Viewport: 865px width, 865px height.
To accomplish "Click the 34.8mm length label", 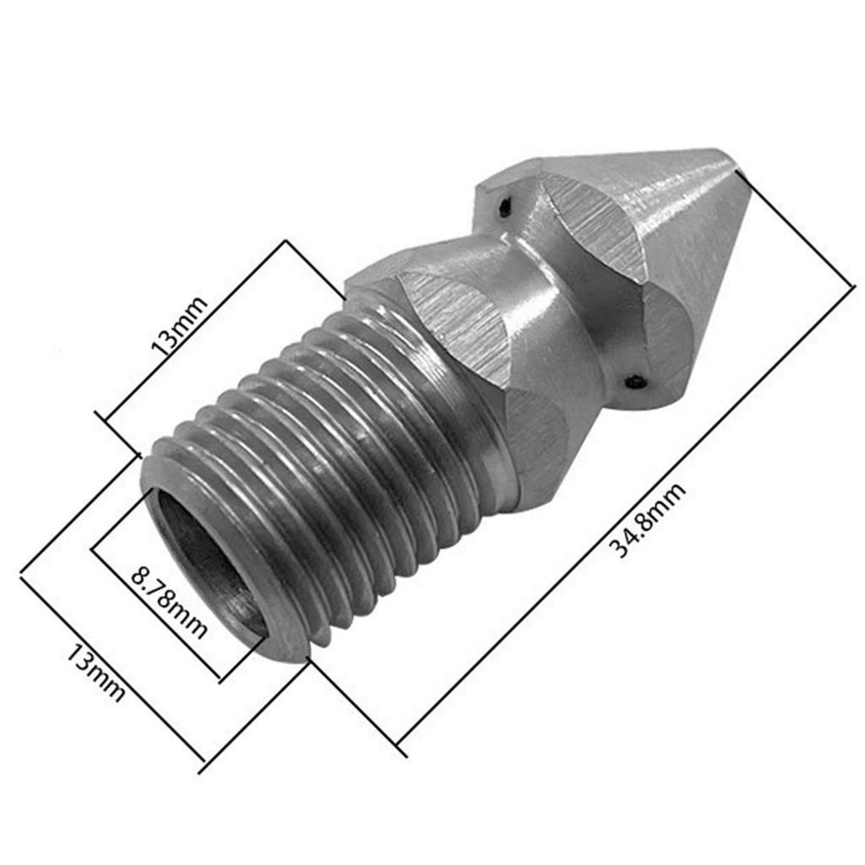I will tap(649, 522).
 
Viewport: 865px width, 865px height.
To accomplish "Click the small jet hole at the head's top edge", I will tap(504, 205).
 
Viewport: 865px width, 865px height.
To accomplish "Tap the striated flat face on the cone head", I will tap(596, 228).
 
